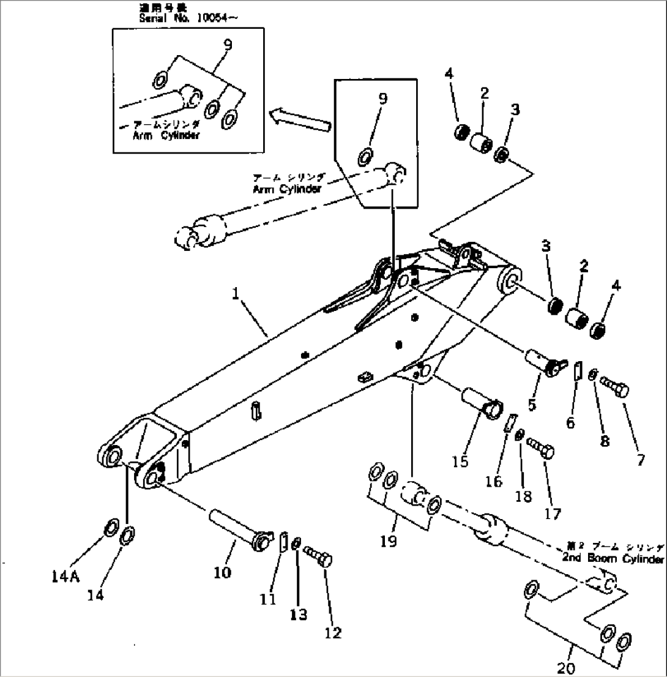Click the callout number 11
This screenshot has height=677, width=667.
[x=267, y=600]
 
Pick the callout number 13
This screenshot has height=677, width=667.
[x=299, y=615]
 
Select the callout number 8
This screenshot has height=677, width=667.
[x=605, y=439]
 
